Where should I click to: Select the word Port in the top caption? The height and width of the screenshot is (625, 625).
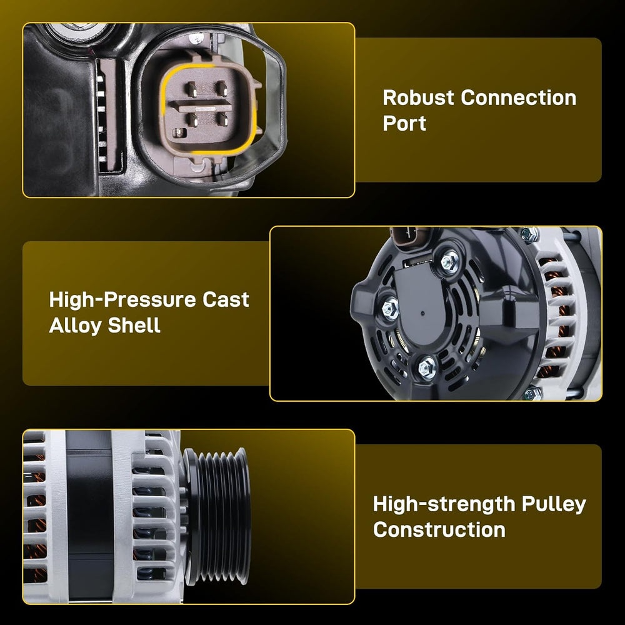(x=404, y=123)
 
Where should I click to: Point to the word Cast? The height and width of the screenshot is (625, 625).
(x=226, y=300)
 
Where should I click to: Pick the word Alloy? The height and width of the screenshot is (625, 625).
(x=76, y=326)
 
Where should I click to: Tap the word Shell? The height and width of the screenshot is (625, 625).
(x=134, y=325)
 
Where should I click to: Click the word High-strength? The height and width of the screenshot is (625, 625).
(x=444, y=504)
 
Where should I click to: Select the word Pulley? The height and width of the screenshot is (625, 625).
(x=554, y=504)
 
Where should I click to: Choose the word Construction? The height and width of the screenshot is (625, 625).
(x=439, y=530)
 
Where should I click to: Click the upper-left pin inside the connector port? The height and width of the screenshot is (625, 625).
(x=192, y=89)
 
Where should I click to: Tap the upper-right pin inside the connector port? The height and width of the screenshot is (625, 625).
(x=222, y=88)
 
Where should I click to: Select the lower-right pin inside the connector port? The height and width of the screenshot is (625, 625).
(x=222, y=119)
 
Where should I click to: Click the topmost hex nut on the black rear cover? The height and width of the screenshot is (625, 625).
(x=449, y=261)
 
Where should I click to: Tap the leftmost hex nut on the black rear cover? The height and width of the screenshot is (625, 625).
(x=390, y=308)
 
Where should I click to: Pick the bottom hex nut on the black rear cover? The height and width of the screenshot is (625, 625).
(x=427, y=367)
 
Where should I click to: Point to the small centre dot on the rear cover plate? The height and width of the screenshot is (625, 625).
(x=422, y=313)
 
